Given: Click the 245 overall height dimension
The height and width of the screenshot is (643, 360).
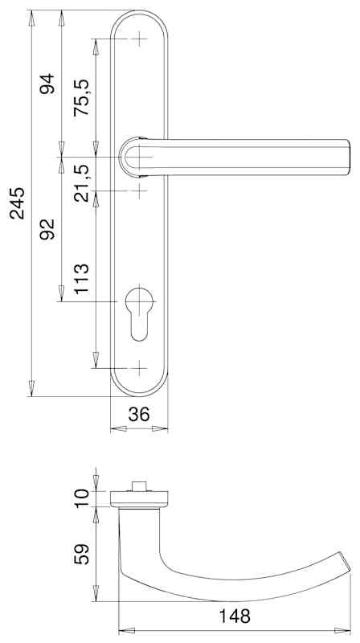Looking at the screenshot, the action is pos(18,203).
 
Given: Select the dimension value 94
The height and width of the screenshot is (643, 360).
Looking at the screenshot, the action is pos(47,84).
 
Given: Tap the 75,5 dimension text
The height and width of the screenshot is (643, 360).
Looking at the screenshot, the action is pos(81,97).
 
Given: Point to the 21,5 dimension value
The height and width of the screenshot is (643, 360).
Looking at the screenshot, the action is pos(81,183).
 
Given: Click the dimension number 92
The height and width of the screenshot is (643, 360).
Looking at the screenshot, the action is pos(47,229).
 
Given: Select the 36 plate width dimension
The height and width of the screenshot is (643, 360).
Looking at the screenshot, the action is pos(139,414).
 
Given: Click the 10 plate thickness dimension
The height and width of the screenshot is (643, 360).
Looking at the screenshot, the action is pos(81,498).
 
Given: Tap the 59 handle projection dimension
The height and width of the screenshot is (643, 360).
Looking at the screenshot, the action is pos(81,555).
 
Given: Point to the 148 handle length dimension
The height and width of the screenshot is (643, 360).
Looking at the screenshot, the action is pos(235,616).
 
